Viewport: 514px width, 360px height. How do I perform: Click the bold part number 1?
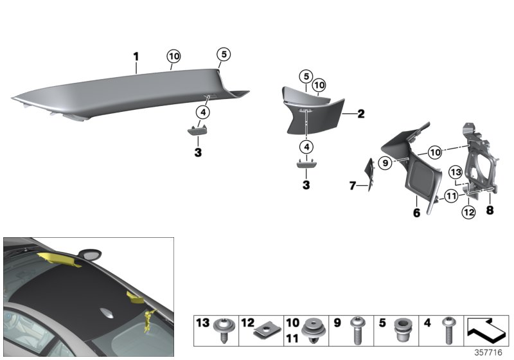pyautogui.click(x=136, y=57)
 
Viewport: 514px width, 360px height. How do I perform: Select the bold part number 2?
pyautogui.click(x=360, y=114)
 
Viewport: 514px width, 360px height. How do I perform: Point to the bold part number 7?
pyautogui.click(x=352, y=186)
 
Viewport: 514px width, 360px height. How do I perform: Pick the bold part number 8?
pyautogui.click(x=490, y=209)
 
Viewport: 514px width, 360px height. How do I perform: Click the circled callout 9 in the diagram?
pyautogui.click(x=384, y=163)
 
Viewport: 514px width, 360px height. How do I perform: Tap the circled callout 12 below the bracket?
pyautogui.click(x=468, y=212)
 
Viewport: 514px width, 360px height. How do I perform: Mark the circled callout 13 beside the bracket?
pyautogui.click(x=455, y=172)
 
